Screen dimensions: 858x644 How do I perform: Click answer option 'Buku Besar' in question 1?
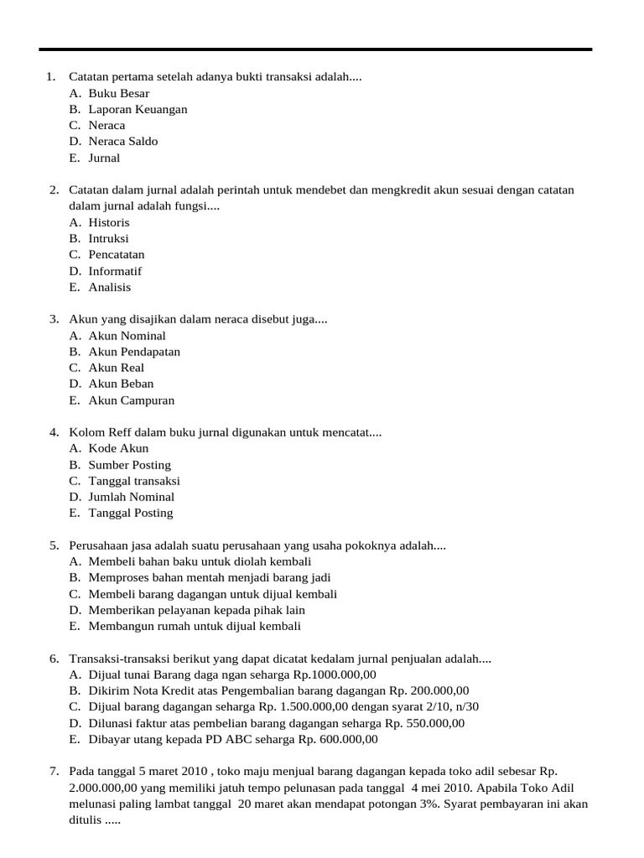pos(118,93)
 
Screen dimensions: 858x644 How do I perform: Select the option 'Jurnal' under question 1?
pos(104,158)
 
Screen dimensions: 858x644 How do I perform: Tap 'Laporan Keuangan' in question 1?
pos(138,109)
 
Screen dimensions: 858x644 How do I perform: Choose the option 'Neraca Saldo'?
pos(122,141)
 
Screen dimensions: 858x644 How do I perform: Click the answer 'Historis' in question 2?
pos(109,222)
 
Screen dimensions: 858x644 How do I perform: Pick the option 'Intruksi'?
pos(108,238)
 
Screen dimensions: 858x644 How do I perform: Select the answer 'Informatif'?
pos(115,271)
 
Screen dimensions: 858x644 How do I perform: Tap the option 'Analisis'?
pos(110,287)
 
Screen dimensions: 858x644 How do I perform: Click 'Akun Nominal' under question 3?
pos(127,335)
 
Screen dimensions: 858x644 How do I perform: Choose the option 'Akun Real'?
pos(116,367)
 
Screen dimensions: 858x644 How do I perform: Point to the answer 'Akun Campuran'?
pos(132,400)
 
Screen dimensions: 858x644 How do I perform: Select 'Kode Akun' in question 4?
pos(118,448)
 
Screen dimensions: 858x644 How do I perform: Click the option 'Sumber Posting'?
pos(129,464)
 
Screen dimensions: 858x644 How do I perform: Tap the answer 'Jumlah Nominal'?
pos(131,496)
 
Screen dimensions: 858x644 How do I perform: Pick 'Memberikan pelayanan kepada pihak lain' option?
pos(196,610)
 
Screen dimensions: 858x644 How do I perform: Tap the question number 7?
pos(54,771)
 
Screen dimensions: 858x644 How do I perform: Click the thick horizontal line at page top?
pos(315,49)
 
